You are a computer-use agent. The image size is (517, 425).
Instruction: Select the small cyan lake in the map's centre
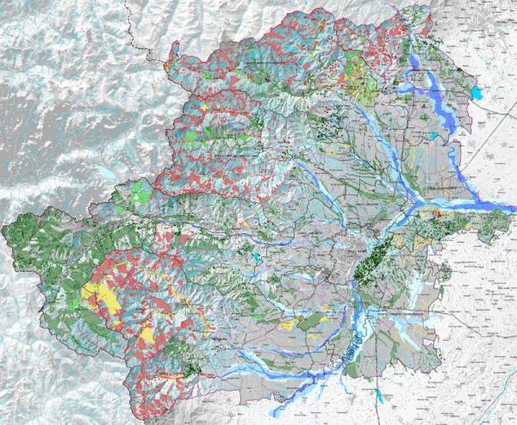256,256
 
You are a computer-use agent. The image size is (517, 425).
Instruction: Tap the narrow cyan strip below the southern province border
380,397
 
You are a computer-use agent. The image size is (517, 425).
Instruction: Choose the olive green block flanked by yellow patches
308,322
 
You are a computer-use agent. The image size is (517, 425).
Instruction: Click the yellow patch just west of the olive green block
289,326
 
